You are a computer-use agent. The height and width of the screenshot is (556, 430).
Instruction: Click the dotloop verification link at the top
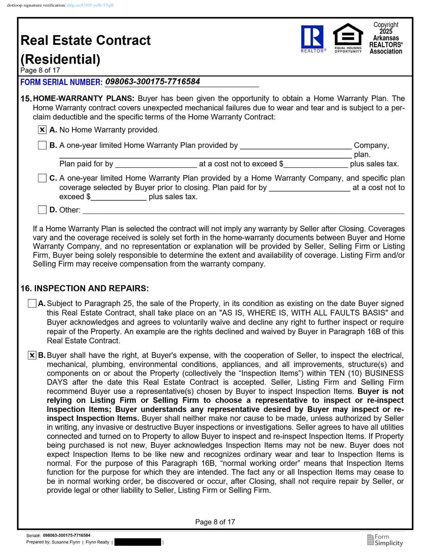[90, 5]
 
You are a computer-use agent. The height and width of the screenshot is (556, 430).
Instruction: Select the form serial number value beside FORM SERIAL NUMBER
[152, 82]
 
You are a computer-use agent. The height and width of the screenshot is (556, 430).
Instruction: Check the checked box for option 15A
[42, 130]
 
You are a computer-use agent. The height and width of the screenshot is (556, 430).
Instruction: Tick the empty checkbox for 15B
[42, 145]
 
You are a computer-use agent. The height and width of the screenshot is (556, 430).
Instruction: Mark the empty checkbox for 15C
[42, 178]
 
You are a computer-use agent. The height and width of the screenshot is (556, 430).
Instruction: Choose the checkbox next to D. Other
[42, 210]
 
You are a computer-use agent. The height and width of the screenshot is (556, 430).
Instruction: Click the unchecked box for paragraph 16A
[32, 303]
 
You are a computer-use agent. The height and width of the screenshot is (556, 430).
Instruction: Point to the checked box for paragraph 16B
[32, 355]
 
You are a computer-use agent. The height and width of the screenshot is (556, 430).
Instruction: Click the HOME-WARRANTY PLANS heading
[84, 98]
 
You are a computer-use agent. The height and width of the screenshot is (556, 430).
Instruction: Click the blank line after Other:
[243, 210]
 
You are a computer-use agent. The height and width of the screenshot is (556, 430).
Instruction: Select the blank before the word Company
[295, 146]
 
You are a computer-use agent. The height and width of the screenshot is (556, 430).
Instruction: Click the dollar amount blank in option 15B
[316, 164]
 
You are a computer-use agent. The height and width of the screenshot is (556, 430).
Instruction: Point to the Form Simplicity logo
[385, 540]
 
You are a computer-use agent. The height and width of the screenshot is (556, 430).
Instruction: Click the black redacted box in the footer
[138, 542]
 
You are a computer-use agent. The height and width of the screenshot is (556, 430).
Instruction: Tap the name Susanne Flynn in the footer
[66, 542]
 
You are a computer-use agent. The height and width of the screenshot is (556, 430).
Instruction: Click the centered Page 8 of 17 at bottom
[215, 522]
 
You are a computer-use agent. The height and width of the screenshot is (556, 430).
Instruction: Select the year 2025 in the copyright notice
[386, 31]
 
